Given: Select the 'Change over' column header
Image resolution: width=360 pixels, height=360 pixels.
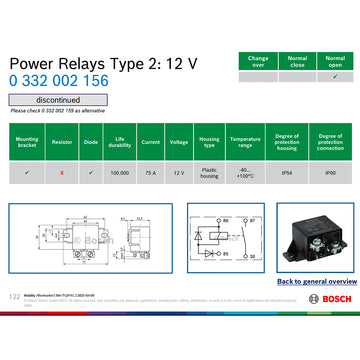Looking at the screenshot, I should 257,61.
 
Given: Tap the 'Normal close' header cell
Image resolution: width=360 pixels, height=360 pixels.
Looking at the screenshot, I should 296,61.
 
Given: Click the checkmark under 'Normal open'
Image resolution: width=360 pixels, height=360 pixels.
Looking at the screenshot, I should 334,76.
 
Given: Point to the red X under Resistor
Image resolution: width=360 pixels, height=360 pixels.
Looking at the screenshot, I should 63,173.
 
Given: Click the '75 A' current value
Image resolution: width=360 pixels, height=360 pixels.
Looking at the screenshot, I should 150,173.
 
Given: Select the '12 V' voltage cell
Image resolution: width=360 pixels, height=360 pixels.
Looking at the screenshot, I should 178,173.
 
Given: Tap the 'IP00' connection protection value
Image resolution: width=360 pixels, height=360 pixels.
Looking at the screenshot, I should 330,173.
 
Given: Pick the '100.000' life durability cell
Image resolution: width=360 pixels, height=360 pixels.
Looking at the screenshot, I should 120,173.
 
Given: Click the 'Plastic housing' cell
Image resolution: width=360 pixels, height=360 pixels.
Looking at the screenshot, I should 208,173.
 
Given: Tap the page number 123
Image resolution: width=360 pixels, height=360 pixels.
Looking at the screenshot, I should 14,297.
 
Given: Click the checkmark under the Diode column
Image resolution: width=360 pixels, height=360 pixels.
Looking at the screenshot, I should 91,173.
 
